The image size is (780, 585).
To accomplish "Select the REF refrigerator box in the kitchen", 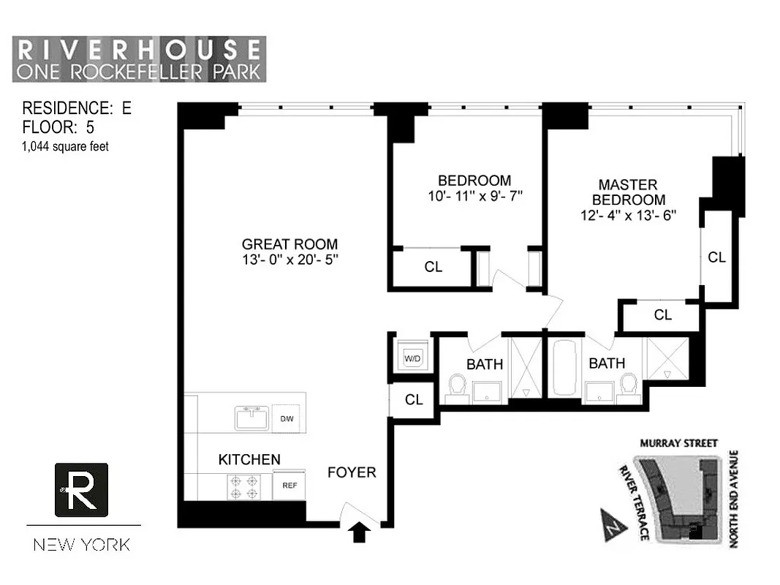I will coord(289,485).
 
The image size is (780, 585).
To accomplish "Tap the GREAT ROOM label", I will coord(289,244).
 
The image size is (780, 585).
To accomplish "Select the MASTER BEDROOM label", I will coord(628,192).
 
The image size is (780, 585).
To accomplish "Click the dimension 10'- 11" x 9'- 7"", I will coord(474,196).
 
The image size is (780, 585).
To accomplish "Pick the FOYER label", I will coord(352,472).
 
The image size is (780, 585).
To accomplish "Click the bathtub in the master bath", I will coord(563,368).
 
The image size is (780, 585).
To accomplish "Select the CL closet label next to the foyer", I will coord(414,400).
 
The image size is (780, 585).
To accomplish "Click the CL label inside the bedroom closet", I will coord(433,267).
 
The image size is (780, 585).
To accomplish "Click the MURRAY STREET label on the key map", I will coord(679,443).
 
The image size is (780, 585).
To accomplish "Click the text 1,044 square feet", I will coord(66,146).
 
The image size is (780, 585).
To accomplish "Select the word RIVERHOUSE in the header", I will coord(139,50).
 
